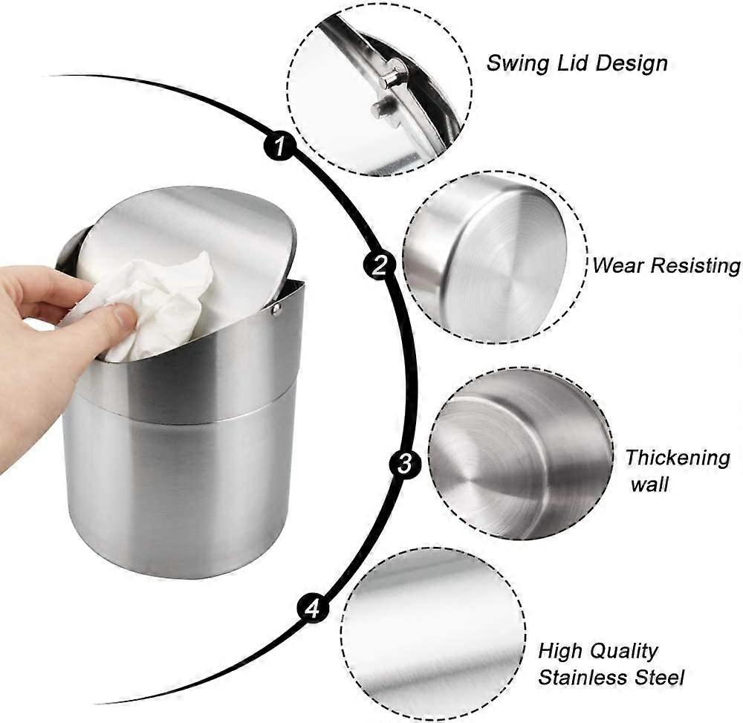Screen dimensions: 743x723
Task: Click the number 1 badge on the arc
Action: coord(279,145)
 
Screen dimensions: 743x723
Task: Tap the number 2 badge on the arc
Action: coord(379,265)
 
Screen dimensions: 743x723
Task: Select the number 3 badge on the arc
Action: coord(405,464)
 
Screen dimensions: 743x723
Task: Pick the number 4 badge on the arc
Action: coord(313,608)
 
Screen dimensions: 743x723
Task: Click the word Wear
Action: coord(618,265)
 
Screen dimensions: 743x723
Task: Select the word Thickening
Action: coord(678,458)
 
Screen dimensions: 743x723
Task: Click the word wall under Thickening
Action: coord(649,484)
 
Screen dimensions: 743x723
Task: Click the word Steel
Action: coord(660,678)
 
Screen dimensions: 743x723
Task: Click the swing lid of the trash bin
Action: coord(185,247)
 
